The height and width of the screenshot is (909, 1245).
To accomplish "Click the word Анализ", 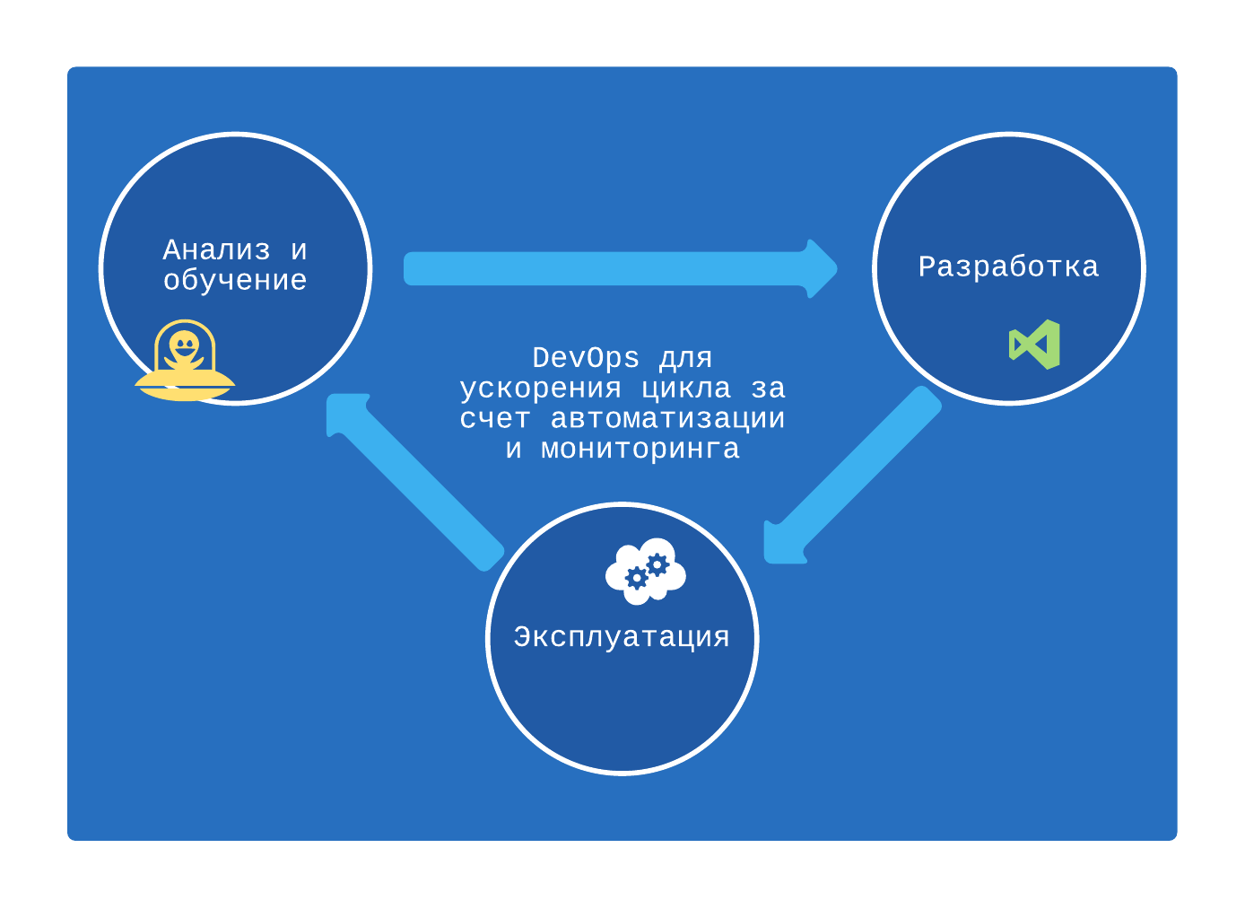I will (x=216, y=249).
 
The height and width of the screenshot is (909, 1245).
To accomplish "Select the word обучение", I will (x=235, y=280).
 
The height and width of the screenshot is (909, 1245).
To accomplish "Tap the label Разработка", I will (x=1008, y=267).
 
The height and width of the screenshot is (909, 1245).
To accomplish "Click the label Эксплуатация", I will (x=622, y=637).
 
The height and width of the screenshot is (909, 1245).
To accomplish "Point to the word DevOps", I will (x=586, y=358).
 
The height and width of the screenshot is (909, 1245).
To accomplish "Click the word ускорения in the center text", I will (x=540, y=389).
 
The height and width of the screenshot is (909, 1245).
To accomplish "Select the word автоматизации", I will (x=667, y=418).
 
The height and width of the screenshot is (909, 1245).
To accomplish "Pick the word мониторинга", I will (x=640, y=449).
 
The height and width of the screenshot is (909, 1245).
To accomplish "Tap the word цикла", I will (x=686, y=389).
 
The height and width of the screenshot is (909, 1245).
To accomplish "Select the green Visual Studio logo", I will (x=1035, y=345).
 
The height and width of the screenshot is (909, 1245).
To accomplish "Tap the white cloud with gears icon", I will (x=646, y=571).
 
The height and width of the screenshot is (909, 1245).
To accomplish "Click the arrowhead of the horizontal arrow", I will (x=821, y=268).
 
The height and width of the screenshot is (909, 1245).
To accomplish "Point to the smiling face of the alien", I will (x=185, y=345).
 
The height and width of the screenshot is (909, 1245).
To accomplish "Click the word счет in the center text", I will (x=494, y=418).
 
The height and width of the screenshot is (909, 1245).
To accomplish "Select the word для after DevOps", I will (x=685, y=358).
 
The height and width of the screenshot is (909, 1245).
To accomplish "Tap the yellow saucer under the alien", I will (x=185, y=388).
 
